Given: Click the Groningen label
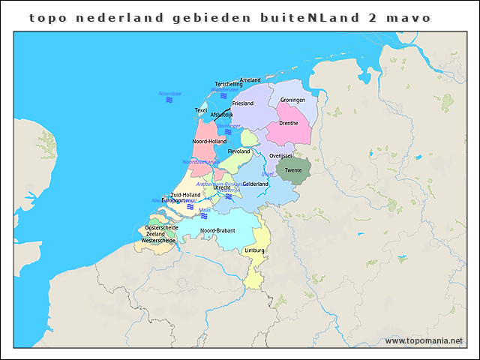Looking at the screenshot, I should pyautogui.click(x=292, y=100).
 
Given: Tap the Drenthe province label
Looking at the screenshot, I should pyautogui.click(x=289, y=123).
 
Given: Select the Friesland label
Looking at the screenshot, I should pyautogui.click(x=243, y=103).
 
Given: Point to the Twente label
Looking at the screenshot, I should pyautogui.click(x=293, y=170).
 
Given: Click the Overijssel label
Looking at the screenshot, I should pyautogui.click(x=281, y=155).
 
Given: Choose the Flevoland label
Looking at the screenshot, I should pyautogui.click(x=238, y=151).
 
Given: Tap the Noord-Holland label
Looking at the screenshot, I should pyautogui.click(x=209, y=141).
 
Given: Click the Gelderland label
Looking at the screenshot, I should pyautogui.click(x=256, y=184).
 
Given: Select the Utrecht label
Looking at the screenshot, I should pyautogui.click(x=222, y=187).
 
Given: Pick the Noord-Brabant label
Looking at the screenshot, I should pyautogui.click(x=217, y=230).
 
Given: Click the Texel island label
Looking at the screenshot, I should pyautogui.click(x=200, y=110).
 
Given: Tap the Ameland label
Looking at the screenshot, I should pyautogui.click(x=250, y=79).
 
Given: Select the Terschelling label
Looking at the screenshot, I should pyautogui.click(x=229, y=84).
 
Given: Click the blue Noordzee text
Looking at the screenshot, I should pyautogui.click(x=169, y=93).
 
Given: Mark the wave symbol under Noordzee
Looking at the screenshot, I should pyautogui.click(x=169, y=100).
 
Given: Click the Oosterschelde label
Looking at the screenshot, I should pyautogui.click(x=161, y=226).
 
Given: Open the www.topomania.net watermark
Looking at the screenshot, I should pyautogui.click(x=424, y=340).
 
